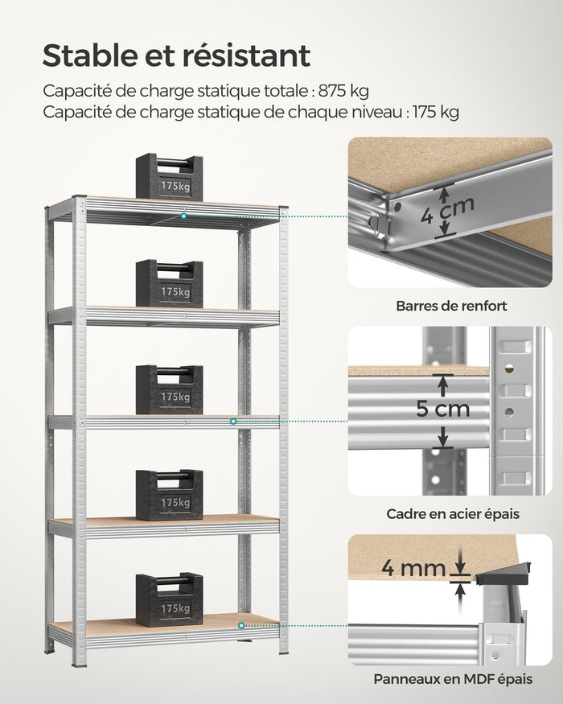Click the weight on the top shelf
pyautogui.click(x=169, y=177)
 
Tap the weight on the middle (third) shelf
pyautogui.click(x=169, y=390)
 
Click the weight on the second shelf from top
pyautogui.click(x=169, y=284)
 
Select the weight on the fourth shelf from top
pyautogui.click(x=169, y=495)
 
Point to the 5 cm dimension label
pyautogui.click(x=442, y=410)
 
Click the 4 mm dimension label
pyautogui.click(x=413, y=569)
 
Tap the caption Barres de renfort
pyautogui.click(x=451, y=306)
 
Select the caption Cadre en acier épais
pyautogui.click(x=453, y=513)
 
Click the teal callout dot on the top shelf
pyautogui.click(x=184, y=216)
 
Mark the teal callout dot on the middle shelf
pyautogui.click(x=233, y=421)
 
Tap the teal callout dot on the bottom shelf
pyautogui.click(x=240, y=624)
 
